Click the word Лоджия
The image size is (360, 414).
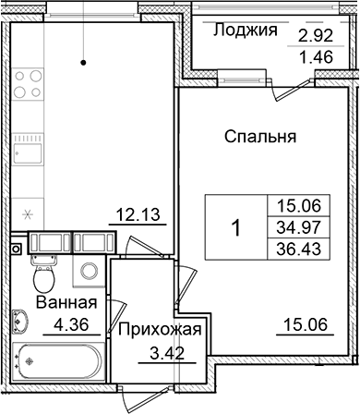point(245,30)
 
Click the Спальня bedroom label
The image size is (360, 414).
point(259,138)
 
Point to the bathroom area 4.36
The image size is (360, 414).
point(65,323)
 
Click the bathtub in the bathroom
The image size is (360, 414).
point(58,362)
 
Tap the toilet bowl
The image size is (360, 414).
point(42,274)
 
